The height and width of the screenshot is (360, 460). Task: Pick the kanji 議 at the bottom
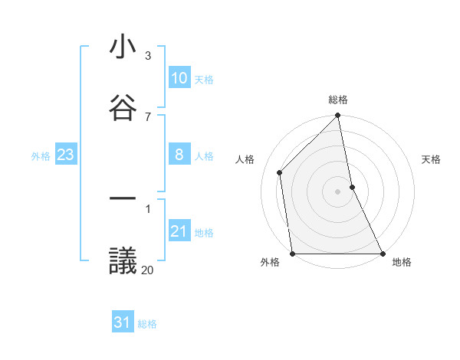[123, 261]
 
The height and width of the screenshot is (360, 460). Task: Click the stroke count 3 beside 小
[148, 56]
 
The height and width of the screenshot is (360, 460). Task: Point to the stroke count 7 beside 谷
[148, 116]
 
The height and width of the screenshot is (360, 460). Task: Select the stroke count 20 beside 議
[147, 270]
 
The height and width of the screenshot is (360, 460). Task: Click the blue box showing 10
[179, 78]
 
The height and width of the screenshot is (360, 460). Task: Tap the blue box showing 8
[179, 155]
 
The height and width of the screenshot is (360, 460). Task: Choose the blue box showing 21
[179, 231]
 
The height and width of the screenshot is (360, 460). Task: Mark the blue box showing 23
[66, 155]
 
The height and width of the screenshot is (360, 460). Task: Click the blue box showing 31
[123, 322]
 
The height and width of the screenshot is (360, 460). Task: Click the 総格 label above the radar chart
[338, 100]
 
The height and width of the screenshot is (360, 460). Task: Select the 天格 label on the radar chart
[431, 159]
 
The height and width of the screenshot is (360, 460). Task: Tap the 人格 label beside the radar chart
[245, 159]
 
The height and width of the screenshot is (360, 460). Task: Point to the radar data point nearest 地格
[383, 254]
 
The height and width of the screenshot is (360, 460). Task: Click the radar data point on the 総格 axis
[338, 116]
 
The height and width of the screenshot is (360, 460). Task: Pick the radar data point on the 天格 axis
[352, 186]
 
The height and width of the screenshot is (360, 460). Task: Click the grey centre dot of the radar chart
[338, 191]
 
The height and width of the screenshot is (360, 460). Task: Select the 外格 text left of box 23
[41, 155]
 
